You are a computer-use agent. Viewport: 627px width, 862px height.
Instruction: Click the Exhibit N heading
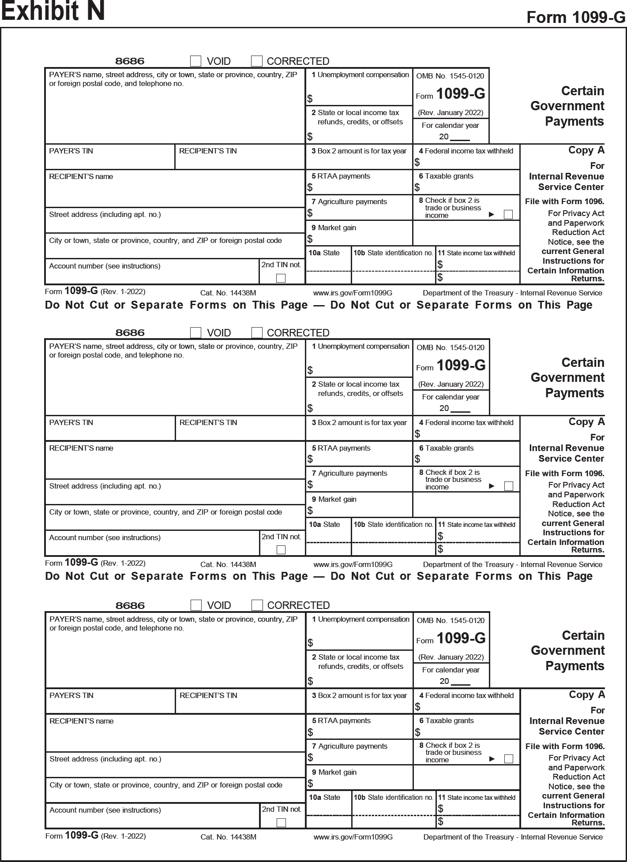[x=53, y=11]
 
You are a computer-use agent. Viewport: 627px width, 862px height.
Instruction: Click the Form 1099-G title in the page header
[x=576, y=18]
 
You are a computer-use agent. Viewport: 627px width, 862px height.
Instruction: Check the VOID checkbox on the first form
[x=195, y=61]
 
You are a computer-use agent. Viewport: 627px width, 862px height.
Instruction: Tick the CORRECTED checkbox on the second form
[x=257, y=332]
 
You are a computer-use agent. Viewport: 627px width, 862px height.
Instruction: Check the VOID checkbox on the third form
[x=196, y=605]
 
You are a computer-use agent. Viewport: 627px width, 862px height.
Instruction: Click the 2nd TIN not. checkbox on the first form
[x=281, y=278]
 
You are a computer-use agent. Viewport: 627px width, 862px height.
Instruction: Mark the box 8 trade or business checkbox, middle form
[x=509, y=486]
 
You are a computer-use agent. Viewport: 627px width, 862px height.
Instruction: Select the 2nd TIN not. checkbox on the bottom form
[x=281, y=823]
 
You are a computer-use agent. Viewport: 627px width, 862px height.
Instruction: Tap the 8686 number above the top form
[x=130, y=61]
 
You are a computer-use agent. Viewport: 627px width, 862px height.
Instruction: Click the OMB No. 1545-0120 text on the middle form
[x=451, y=347]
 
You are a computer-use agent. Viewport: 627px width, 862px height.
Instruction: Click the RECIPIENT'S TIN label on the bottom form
[x=208, y=695]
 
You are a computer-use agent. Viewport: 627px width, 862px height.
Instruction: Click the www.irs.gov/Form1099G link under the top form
[x=353, y=293]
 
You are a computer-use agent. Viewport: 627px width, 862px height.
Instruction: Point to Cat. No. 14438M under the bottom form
[x=228, y=837]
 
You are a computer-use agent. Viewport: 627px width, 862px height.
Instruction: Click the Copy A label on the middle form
[x=586, y=422]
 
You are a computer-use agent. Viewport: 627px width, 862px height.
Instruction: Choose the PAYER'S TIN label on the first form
[x=71, y=151]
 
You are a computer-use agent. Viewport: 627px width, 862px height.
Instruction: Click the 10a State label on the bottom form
[x=324, y=797]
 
